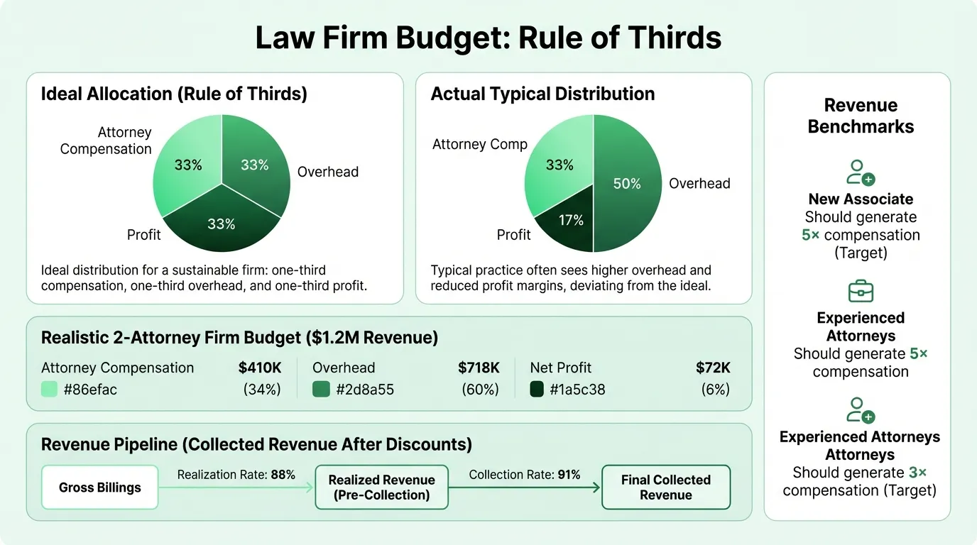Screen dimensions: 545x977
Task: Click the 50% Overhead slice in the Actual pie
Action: (x=628, y=184)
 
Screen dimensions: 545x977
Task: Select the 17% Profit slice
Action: (x=569, y=224)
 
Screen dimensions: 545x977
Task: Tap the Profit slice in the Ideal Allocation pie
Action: (x=222, y=225)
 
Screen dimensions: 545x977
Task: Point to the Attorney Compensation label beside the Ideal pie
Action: (x=107, y=141)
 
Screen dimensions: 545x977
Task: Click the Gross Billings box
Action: (x=100, y=488)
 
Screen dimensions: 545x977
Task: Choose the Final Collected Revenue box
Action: (x=665, y=488)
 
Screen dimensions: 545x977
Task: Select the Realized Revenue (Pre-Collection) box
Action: (x=381, y=488)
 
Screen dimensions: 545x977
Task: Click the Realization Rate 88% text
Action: (x=236, y=475)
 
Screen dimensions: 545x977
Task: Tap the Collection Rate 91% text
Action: (x=525, y=475)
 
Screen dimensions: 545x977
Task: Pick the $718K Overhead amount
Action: (x=479, y=368)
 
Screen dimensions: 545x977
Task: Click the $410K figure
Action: (x=260, y=368)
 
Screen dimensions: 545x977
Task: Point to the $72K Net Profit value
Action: (x=713, y=368)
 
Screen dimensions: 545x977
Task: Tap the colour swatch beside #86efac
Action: (x=49, y=389)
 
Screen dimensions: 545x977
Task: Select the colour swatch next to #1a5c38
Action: (x=537, y=389)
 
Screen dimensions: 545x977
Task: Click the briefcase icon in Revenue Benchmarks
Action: (x=861, y=292)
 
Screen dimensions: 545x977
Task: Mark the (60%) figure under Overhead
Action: (x=480, y=389)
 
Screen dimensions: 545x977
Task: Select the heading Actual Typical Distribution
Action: (x=542, y=94)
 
